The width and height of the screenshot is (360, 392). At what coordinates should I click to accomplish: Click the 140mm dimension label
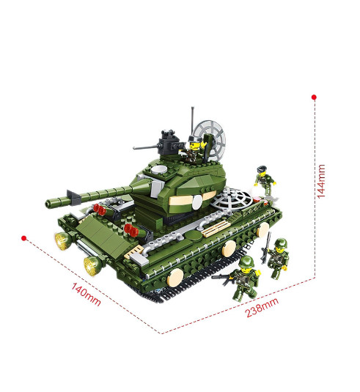pyautogui.click(x=87, y=294)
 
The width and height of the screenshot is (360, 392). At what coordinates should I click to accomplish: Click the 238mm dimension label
pyautogui.click(x=262, y=308)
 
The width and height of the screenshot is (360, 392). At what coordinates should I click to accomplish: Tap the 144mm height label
pyautogui.click(x=321, y=181)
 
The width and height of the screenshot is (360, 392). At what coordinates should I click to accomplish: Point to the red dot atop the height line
pyautogui.click(x=315, y=97)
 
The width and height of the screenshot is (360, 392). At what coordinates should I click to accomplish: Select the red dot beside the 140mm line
pyautogui.click(x=24, y=238)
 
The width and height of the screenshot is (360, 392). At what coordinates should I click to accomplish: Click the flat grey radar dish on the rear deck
pyautogui.click(x=230, y=199)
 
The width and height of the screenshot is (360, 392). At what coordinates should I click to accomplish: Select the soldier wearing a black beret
pyautogui.click(x=265, y=180)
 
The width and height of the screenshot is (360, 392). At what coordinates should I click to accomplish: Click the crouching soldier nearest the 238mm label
pyautogui.click(x=244, y=278)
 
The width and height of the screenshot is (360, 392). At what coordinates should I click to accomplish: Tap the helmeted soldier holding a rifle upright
pyautogui.click(x=276, y=256)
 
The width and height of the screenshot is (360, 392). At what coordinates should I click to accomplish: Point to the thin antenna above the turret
pyautogui.click(x=193, y=122)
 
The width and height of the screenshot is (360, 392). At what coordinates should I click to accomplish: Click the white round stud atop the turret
pyautogui.click(x=159, y=170)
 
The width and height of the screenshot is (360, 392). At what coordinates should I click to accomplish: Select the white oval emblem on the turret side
pyautogui.click(x=197, y=202)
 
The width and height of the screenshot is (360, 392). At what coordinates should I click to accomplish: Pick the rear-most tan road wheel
pyautogui.click(x=263, y=230)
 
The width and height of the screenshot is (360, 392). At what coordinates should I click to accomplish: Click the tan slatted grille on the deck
pyautogui.click(x=216, y=229)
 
